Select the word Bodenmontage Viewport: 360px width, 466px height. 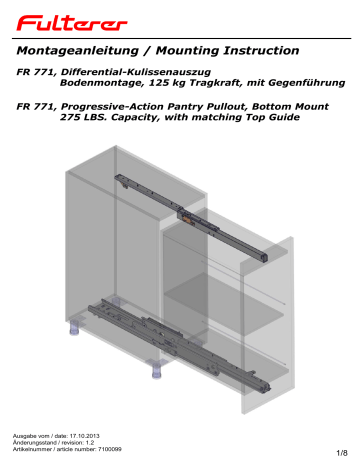(92, 85)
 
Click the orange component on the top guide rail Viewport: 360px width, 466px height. (186, 216)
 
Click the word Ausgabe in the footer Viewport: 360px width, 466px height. (24, 438)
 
